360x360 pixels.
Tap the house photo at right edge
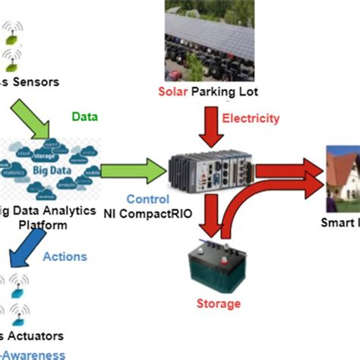(342, 178)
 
